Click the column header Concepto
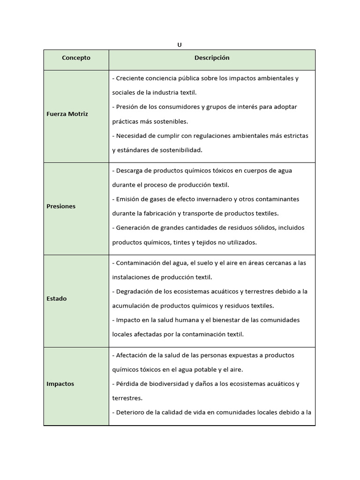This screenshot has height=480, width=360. (76, 58)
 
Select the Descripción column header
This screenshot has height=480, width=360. (212, 58)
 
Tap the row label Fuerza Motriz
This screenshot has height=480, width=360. (67, 114)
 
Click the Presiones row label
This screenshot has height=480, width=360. (61, 206)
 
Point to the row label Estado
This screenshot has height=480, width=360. (56, 299)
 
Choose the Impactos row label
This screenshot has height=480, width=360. (60, 384)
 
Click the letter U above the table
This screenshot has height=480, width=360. (180, 45)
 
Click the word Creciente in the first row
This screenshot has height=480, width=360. (130, 78)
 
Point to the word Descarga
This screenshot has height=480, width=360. (129, 171)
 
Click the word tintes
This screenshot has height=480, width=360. (183, 243)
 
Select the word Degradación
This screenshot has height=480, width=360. (135, 292)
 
